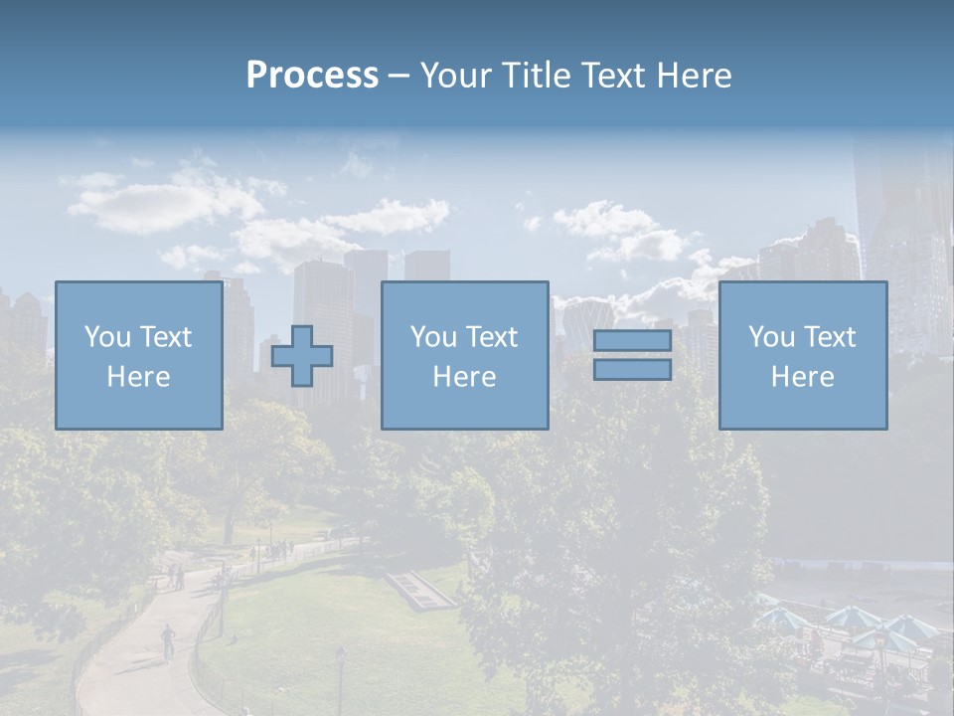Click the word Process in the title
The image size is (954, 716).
click(x=312, y=76)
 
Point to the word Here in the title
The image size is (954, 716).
click(x=693, y=76)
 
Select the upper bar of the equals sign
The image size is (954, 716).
click(x=632, y=341)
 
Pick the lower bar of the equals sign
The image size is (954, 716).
click(x=632, y=370)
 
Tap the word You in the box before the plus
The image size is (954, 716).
click(x=105, y=337)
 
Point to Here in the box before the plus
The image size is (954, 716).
click(x=138, y=377)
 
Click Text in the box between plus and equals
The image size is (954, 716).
click(x=492, y=337)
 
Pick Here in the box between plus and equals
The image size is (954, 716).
click(x=464, y=377)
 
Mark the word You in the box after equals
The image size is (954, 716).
click(x=770, y=337)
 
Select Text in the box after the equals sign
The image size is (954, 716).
click(x=830, y=337)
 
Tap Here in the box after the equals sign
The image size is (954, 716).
click(x=802, y=377)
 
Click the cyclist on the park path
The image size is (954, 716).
click(x=168, y=639)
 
